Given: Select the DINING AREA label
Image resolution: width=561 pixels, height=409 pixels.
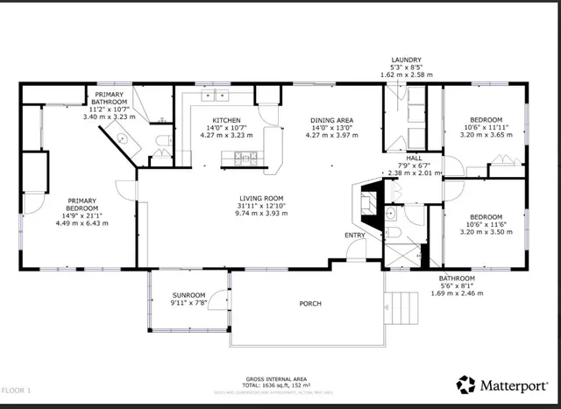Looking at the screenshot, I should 331,120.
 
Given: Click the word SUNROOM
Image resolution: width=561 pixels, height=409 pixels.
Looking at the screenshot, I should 188,296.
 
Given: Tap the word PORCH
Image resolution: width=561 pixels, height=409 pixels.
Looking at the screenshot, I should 309,304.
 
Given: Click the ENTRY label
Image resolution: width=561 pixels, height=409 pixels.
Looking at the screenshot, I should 355,235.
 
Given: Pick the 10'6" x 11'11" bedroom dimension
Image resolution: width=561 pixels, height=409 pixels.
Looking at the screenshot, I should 486,128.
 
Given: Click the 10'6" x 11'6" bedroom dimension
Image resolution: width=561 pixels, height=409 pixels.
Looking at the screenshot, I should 486,225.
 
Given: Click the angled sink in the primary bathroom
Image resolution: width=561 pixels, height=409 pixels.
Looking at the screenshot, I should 121,138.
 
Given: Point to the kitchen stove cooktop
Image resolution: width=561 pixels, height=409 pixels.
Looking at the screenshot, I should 236,158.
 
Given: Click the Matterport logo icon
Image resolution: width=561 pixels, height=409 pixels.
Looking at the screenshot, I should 465,384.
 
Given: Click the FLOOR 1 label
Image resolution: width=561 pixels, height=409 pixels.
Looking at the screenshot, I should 16,389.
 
